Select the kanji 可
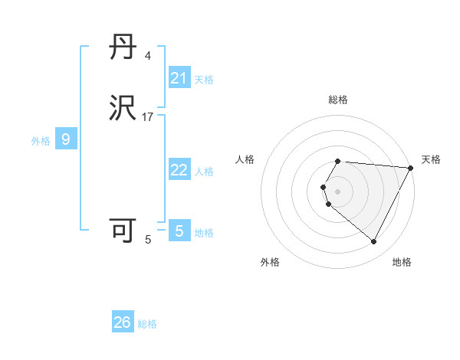[x=123, y=231]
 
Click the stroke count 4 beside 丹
[x=148, y=56]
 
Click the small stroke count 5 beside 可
[x=148, y=240]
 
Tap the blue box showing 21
[x=179, y=78]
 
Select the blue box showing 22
[x=179, y=170]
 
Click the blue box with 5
[x=179, y=231]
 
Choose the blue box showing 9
[x=66, y=139]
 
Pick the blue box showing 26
[x=123, y=322]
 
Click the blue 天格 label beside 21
[x=204, y=79]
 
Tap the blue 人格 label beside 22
[x=204, y=171]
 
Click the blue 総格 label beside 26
[x=147, y=324]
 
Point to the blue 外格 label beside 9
[x=41, y=140]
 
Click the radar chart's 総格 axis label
[x=338, y=100]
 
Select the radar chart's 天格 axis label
[x=431, y=159]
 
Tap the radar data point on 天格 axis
[x=410, y=168]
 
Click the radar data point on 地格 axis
[x=374, y=241]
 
